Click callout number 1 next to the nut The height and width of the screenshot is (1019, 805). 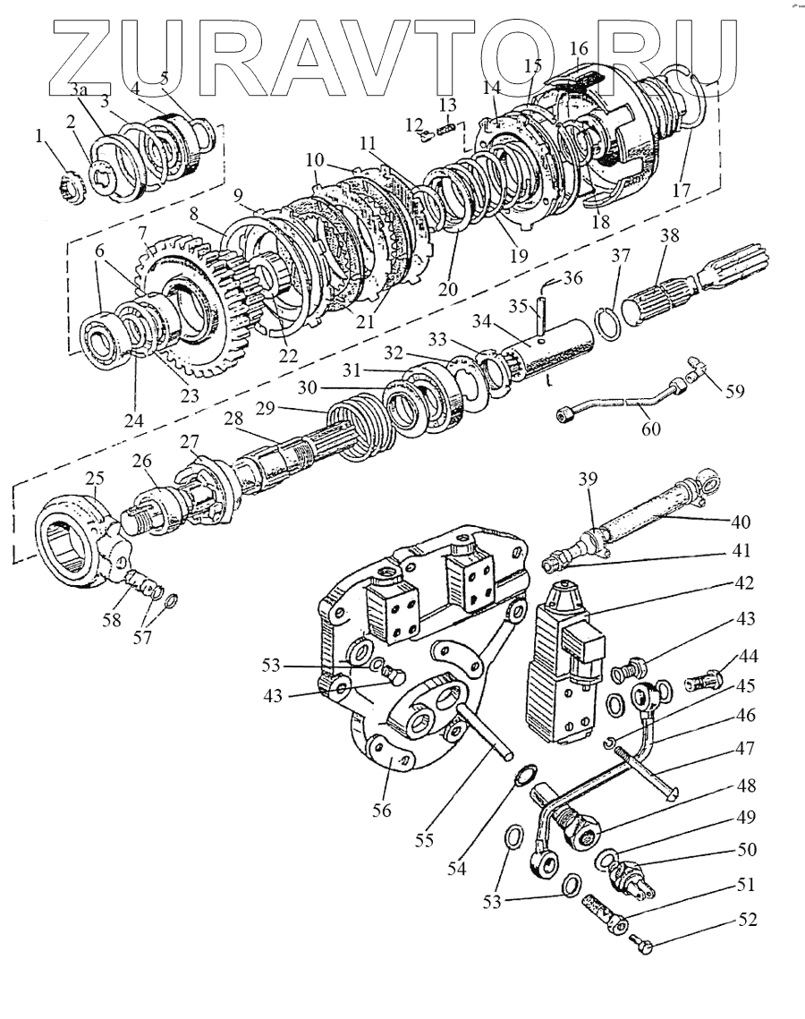(x=38, y=135)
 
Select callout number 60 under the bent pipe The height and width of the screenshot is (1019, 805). (x=650, y=429)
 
